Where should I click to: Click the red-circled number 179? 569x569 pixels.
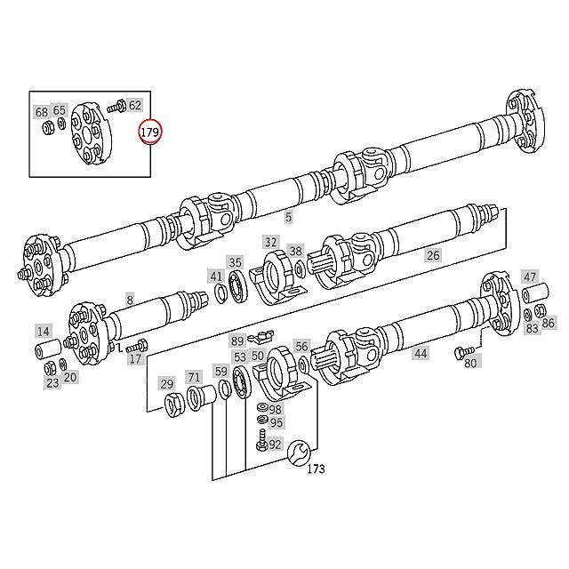(x=150, y=132)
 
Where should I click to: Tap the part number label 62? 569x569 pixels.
(x=135, y=106)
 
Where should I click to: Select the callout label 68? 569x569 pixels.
(x=42, y=112)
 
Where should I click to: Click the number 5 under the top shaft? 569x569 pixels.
(x=288, y=217)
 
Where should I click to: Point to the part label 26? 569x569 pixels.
(x=433, y=255)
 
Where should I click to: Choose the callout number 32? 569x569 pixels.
(x=270, y=241)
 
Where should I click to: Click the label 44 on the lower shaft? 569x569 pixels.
(x=421, y=353)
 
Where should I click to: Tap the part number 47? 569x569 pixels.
(x=530, y=276)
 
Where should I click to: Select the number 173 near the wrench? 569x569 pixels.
(x=317, y=469)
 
